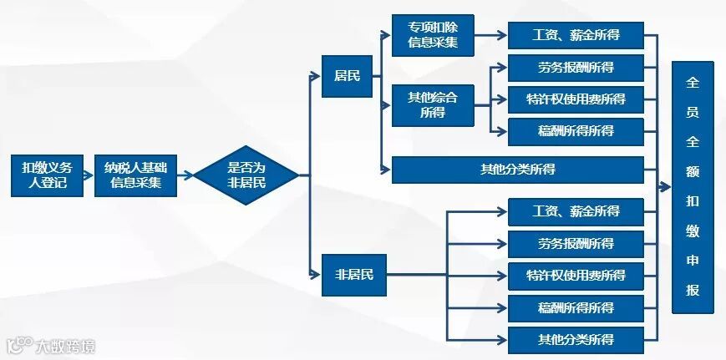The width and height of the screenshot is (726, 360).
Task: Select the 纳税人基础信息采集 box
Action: (135, 175)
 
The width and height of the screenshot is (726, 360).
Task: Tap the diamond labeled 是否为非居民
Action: (246, 175)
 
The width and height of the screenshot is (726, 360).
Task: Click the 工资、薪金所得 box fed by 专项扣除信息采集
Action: (576, 36)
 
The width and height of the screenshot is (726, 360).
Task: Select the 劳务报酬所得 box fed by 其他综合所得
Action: (576, 68)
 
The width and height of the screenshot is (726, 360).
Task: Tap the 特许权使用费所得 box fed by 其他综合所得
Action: (576, 99)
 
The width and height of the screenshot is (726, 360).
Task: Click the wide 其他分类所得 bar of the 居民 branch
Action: (517, 170)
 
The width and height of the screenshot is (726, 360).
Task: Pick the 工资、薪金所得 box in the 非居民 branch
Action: (576, 212)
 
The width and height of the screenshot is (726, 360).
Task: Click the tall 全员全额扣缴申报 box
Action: (693, 187)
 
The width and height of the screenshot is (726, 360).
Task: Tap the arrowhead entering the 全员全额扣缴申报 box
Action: (666, 187)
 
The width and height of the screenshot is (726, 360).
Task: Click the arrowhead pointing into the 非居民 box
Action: (316, 274)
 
